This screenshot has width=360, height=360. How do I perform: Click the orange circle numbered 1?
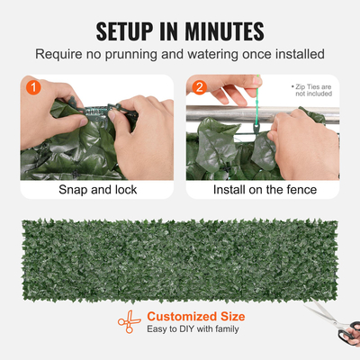(32, 89)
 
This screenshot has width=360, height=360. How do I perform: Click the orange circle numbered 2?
(200, 89)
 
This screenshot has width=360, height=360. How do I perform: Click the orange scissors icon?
(128, 322)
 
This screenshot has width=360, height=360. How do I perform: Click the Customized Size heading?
(194, 316)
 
